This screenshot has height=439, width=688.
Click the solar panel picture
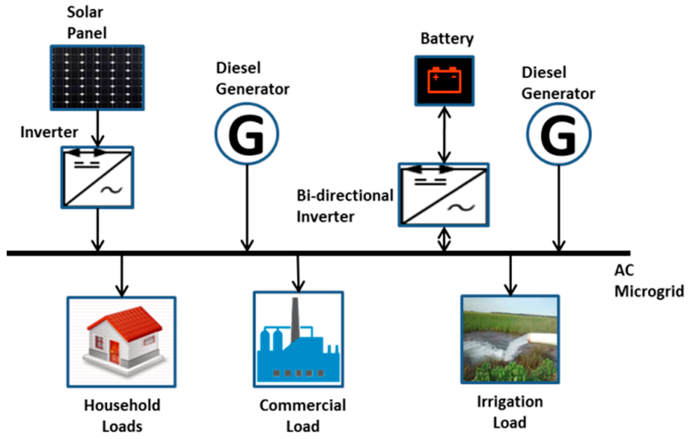97,77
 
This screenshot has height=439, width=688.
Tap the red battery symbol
444,80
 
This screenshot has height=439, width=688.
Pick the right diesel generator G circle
559,134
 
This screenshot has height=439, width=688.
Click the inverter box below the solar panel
97,177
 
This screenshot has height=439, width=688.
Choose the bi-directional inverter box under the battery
444,195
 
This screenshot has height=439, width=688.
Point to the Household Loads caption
122,416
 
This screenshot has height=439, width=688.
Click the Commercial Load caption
303,416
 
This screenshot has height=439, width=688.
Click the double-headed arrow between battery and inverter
444,135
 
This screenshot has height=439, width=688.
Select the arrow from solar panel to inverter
98,128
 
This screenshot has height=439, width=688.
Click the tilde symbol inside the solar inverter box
111,190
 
